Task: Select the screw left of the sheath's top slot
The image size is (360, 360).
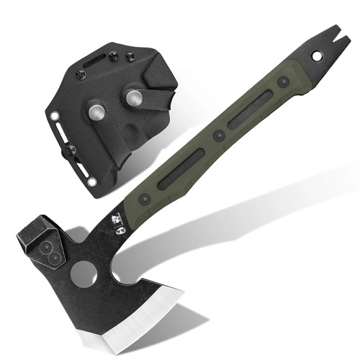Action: click(81, 73)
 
